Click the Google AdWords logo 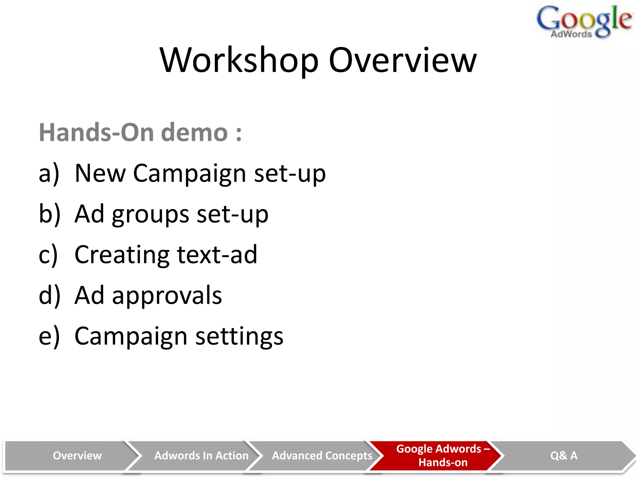[584, 22]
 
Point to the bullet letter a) [49, 173]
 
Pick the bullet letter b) [49, 214]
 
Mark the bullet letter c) [48, 255]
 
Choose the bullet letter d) [49, 295]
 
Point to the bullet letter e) [49, 336]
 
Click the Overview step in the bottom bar [77, 456]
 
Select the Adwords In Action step [201, 456]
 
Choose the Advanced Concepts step [322, 456]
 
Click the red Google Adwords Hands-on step [443, 456]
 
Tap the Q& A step [564, 456]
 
